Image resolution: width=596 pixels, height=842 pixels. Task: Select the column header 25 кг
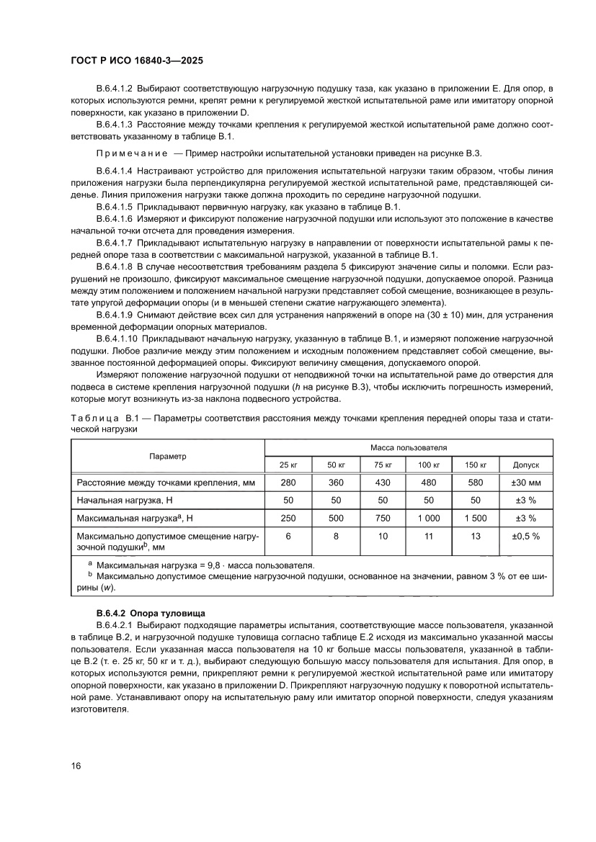coord(289,465)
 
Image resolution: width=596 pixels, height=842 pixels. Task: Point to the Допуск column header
coord(525,465)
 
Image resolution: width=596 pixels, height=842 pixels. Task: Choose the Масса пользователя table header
coord(409,447)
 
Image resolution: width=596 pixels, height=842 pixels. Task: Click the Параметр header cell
coord(168,456)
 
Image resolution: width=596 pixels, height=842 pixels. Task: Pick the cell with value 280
coord(289,482)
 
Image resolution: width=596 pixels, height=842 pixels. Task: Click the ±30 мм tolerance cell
coord(525,482)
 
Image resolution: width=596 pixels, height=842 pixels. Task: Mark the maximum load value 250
coord(289,518)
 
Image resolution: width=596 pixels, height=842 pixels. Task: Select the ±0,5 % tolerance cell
coord(525,536)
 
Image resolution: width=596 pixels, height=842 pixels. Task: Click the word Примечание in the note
coord(131,154)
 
